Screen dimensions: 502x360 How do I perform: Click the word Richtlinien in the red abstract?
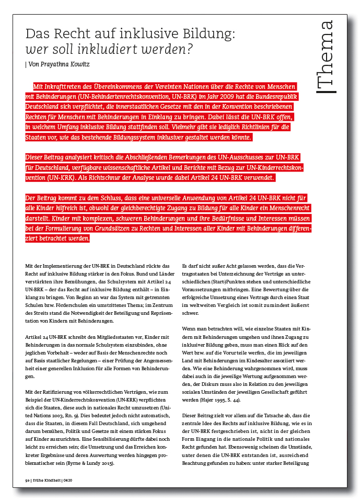[x=238, y=128]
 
